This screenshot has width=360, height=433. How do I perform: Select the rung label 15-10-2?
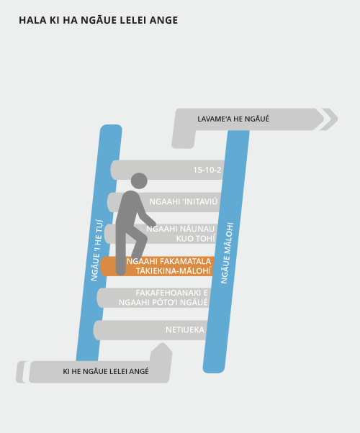pyautogui.click(x=207, y=170)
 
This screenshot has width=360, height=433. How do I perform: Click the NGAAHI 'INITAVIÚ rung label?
pyautogui.click(x=184, y=201)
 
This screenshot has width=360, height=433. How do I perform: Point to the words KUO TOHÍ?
pyautogui.click(x=196, y=239)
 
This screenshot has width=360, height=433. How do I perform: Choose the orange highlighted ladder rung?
pyautogui.click(x=158, y=266)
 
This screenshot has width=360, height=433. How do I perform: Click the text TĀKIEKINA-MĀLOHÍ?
pyautogui.click(x=174, y=271)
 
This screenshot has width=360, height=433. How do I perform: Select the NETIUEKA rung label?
pyautogui.click(x=185, y=329)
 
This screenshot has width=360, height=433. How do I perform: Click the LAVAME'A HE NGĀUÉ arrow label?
pyautogui.click(x=233, y=119)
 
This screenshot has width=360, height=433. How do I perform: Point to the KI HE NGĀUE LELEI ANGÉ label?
pyautogui.click(x=106, y=371)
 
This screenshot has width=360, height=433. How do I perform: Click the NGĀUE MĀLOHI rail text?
pyautogui.click(x=228, y=253)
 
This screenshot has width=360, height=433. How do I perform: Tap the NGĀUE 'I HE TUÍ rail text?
pyautogui.click(x=96, y=250)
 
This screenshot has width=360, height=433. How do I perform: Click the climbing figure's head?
pyautogui.click(x=139, y=181)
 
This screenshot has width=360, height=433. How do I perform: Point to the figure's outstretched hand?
pyautogui.click(x=153, y=222)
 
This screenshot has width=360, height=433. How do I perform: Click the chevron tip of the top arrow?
pyautogui.click(x=338, y=119)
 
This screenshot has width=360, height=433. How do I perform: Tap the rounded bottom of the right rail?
pyautogui.click(x=213, y=369)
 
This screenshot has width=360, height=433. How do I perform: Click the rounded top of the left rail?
pyautogui.click(x=111, y=129)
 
